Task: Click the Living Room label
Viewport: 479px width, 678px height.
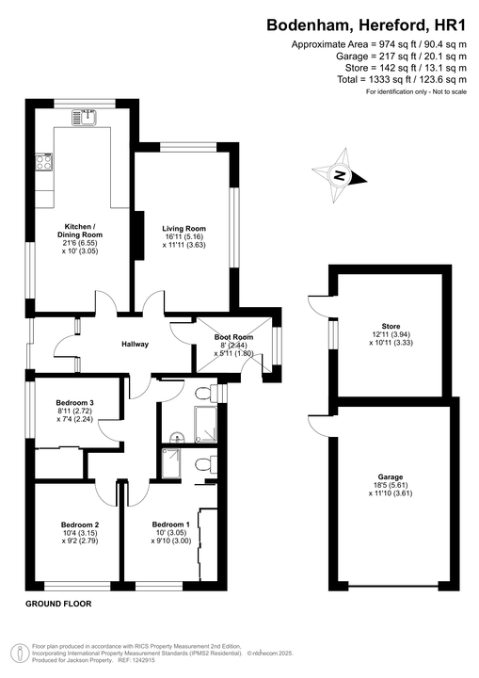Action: [184, 228]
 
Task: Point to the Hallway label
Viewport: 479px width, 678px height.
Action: [135, 344]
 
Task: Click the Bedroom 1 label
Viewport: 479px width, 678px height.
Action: [171, 525]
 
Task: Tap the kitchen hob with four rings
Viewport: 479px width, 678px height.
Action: [44, 162]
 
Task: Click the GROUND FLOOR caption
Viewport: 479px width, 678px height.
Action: [58, 603]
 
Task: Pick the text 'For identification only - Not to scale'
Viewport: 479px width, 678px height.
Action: [415, 92]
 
